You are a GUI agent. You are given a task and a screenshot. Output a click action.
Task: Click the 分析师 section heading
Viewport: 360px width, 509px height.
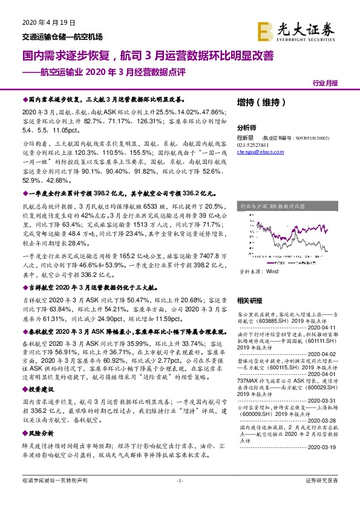pos(247,128)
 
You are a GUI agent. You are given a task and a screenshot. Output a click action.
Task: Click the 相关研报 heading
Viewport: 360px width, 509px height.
pos(249,300)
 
